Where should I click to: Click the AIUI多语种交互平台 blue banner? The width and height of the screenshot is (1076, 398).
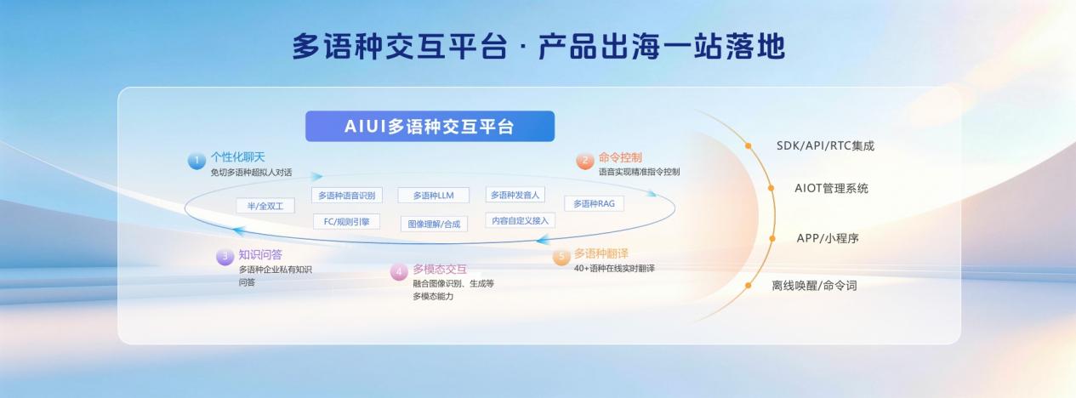430,126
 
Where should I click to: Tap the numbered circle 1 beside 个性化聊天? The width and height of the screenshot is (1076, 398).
196,161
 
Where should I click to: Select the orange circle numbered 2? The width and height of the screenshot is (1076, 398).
585,161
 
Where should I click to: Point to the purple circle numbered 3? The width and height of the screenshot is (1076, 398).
225,257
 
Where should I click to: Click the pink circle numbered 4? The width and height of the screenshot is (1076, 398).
399,272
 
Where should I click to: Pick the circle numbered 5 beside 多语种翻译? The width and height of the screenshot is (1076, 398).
561,257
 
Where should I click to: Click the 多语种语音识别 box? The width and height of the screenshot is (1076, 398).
347,196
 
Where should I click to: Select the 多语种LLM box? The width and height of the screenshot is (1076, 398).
433,196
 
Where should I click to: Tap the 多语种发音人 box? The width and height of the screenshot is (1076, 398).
515,195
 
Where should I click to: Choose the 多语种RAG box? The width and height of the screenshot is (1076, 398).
595,203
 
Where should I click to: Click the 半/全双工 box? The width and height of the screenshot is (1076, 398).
265,206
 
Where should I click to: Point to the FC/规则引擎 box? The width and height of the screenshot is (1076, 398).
346,222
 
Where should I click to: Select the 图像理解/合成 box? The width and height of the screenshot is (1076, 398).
435,224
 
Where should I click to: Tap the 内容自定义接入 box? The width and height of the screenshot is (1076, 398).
521,220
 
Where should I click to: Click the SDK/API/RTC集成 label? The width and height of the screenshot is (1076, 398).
825,145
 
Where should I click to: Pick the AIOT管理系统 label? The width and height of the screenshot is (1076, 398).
832,188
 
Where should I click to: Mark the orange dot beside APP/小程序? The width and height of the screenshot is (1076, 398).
772,238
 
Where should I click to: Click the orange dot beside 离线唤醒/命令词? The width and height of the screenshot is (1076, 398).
748,286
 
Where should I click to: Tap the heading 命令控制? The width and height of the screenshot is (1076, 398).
620,157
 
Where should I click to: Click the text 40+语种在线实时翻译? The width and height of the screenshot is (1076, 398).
614,269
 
